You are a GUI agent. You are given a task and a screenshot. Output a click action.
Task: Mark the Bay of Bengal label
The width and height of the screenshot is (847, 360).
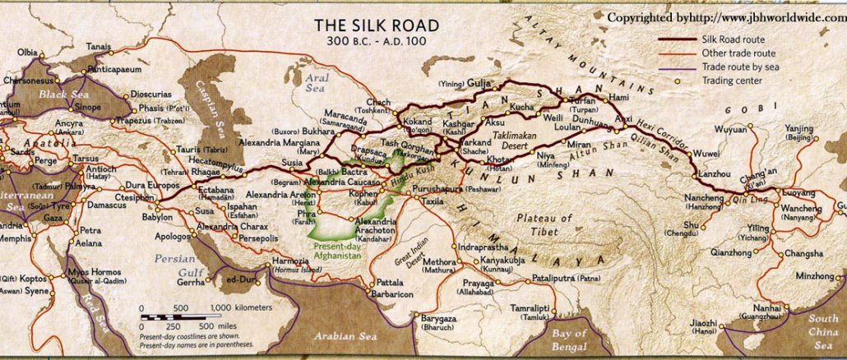(569, 338)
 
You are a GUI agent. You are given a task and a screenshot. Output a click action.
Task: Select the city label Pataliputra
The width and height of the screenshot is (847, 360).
(532, 279)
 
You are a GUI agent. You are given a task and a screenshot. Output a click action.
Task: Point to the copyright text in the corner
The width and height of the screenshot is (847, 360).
(725, 17)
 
